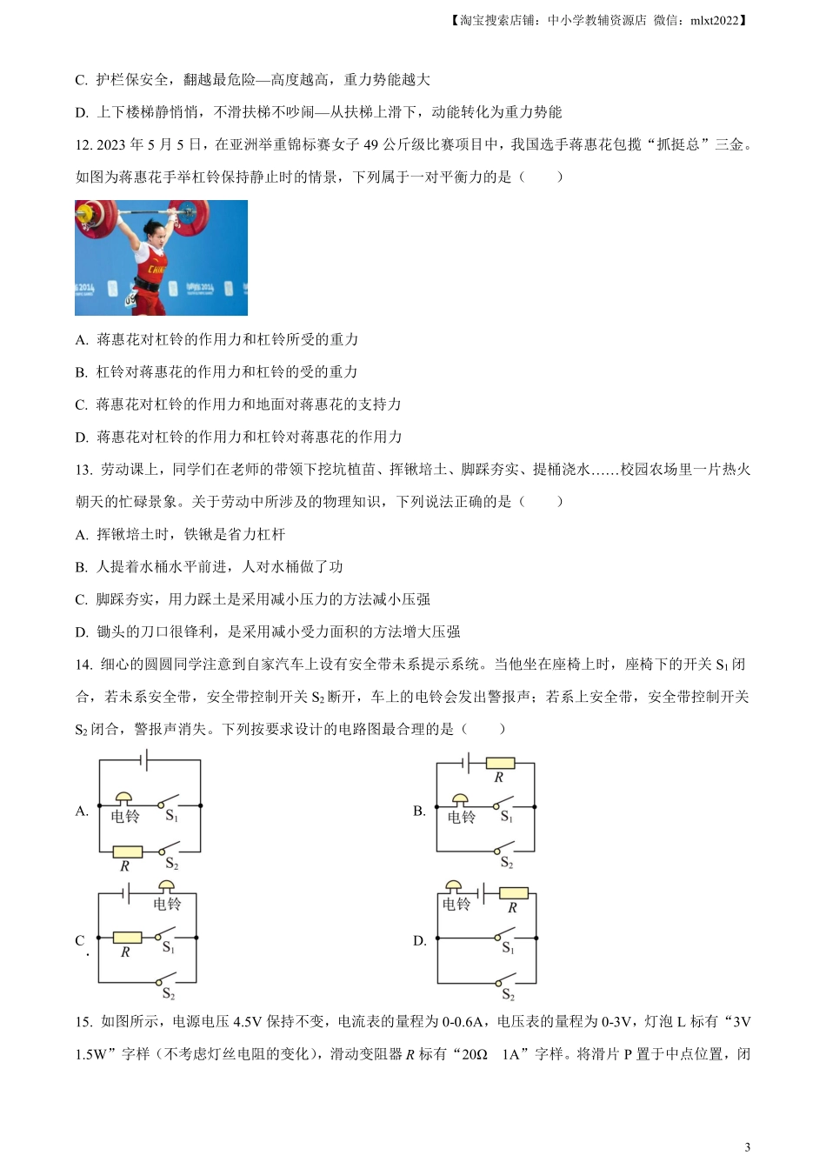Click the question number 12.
(x=83, y=144)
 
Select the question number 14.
(x=83, y=665)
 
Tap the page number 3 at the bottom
(x=748, y=1146)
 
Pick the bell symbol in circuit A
(x=124, y=799)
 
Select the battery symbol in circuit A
(x=144, y=761)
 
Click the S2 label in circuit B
(x=507, y=863)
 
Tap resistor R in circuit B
(x=500, y=764)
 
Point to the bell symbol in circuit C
(x=166, y=887)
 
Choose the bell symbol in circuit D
(x=453, y=887)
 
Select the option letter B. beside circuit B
(x=419, y=811)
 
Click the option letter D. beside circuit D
(x=419, y=940)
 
